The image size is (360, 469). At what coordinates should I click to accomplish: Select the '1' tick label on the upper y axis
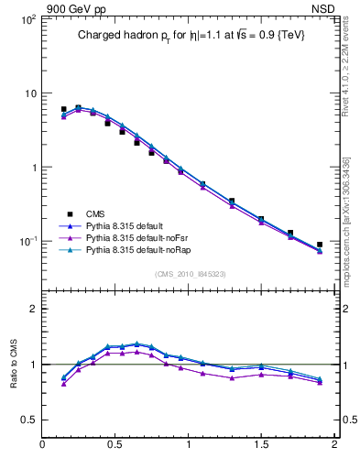33,168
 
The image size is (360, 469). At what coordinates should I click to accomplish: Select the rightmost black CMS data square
320,245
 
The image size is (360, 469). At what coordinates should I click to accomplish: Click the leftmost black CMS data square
63,109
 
